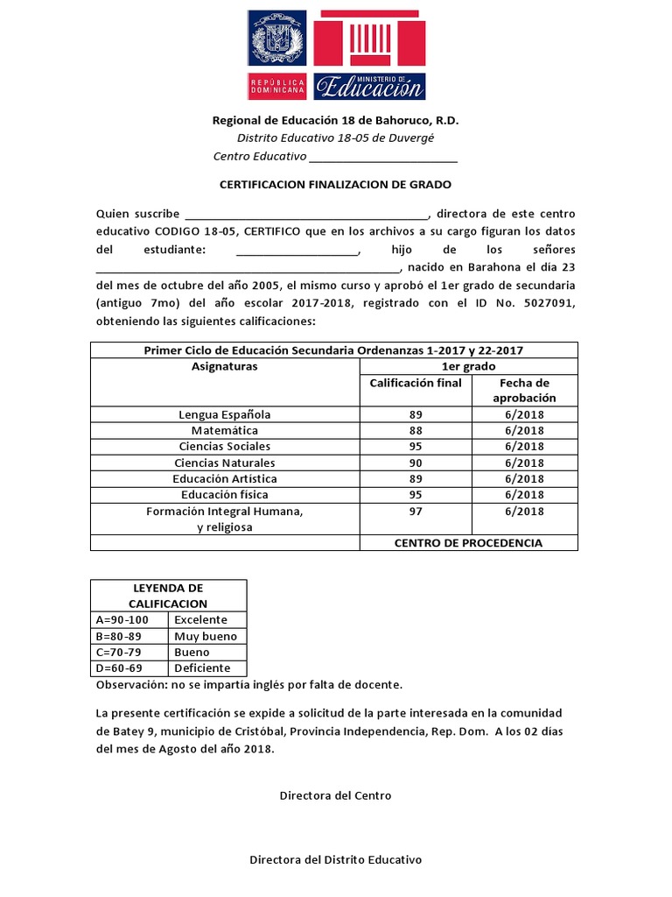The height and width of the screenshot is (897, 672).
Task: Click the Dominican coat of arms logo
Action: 277,41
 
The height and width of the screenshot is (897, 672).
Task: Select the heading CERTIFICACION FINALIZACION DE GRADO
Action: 334,185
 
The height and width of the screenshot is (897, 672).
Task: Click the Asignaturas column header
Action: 225,367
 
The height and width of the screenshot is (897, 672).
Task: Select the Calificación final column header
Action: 416,383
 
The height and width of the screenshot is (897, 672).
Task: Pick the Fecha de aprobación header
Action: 524,391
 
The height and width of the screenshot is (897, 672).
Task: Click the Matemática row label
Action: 225,431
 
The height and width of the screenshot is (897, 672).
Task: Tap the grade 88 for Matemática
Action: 416,431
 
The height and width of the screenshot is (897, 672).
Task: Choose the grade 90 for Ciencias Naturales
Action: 416,463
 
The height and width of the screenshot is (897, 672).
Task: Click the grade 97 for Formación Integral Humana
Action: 416,512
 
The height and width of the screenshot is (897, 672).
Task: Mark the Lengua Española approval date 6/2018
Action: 524,414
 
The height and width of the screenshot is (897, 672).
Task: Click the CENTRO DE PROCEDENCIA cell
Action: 468,543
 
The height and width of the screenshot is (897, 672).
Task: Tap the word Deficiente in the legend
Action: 202,668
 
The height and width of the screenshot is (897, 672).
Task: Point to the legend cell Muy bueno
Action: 206,637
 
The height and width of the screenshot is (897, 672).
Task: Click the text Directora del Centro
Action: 335,795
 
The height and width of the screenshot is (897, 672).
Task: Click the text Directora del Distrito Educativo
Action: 335,860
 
